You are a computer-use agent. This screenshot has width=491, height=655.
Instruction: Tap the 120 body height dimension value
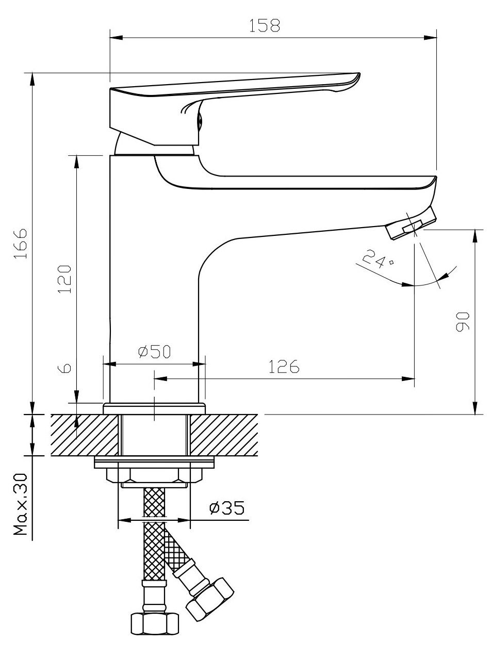(64, 279)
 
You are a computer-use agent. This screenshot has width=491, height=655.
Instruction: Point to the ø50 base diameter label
(154, 352)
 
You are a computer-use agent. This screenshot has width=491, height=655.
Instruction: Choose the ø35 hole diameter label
(226, 508)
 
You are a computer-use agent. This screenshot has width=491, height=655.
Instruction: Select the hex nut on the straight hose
(155, 623)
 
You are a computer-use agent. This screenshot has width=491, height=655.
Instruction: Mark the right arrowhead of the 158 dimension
(431, 37)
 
